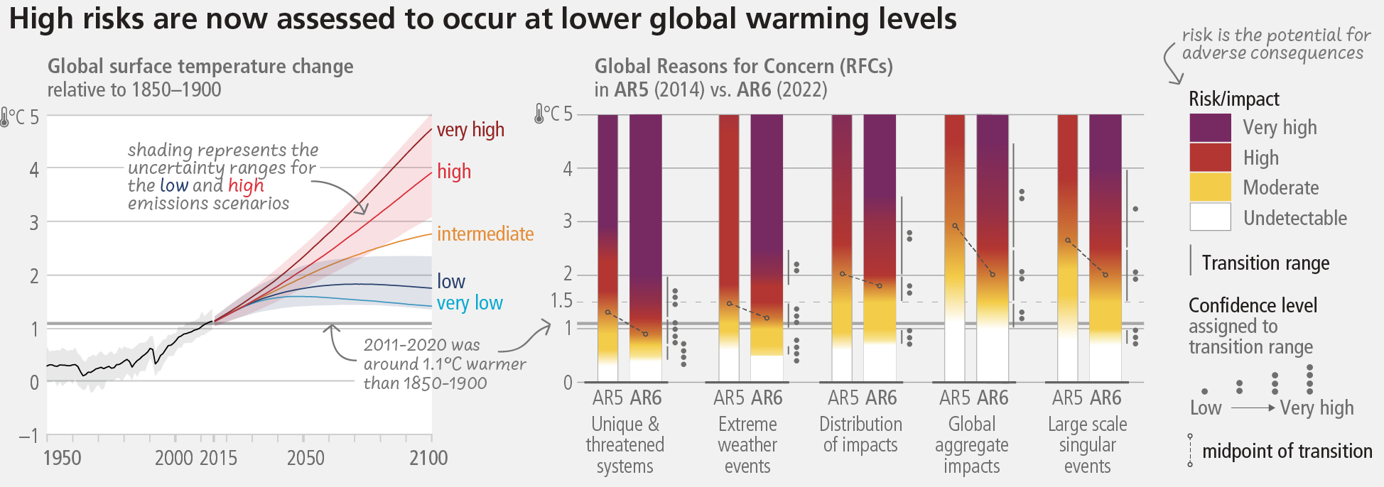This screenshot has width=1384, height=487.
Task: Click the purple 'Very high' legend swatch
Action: click(x=1210, y=128)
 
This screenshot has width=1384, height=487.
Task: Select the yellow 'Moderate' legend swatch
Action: click(x=1210, y=187)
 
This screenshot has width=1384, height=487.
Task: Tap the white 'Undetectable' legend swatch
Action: click(x=1210, y=217)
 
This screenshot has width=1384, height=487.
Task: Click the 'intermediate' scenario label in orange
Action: click(x=485, y=234)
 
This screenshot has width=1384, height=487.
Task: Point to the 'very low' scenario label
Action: click(x=470, y=303)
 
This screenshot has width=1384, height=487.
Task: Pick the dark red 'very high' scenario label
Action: click(x=470, y=130)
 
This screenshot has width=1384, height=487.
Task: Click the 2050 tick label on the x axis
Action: click(x=306, y=458)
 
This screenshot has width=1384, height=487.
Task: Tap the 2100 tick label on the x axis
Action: click(x=428, y=458)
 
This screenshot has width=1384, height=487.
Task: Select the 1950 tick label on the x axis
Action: click(x=63, y=458)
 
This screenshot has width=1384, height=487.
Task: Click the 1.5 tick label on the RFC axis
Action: click(x=561, y=301)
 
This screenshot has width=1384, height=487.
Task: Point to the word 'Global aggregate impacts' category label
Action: click(x=972, y=445)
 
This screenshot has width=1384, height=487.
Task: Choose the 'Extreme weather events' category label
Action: click(x=747, y=445)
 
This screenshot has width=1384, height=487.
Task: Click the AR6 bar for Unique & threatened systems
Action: click(x=646, y=248)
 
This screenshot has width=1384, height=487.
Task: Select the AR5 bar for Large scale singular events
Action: click(x=1068, y=248)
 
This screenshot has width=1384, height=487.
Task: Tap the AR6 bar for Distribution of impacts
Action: click(x=880, y=248)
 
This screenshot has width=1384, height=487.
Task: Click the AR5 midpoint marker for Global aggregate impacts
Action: click(x=955, y=226)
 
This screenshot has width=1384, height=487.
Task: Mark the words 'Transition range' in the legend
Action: click(x=1265, y=263)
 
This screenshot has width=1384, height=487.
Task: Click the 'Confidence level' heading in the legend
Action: click(x=1253, y=305)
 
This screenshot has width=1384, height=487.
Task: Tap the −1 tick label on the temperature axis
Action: click(x=28, y=435)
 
